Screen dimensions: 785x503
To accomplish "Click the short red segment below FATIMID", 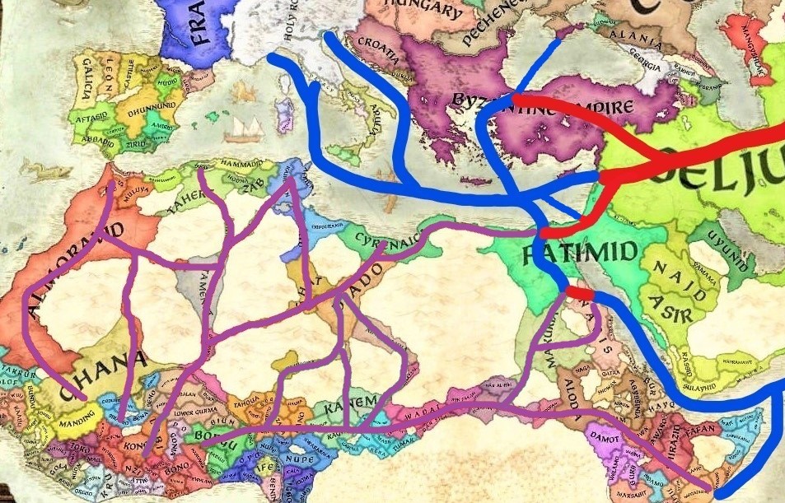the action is click(x=580, y=294).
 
